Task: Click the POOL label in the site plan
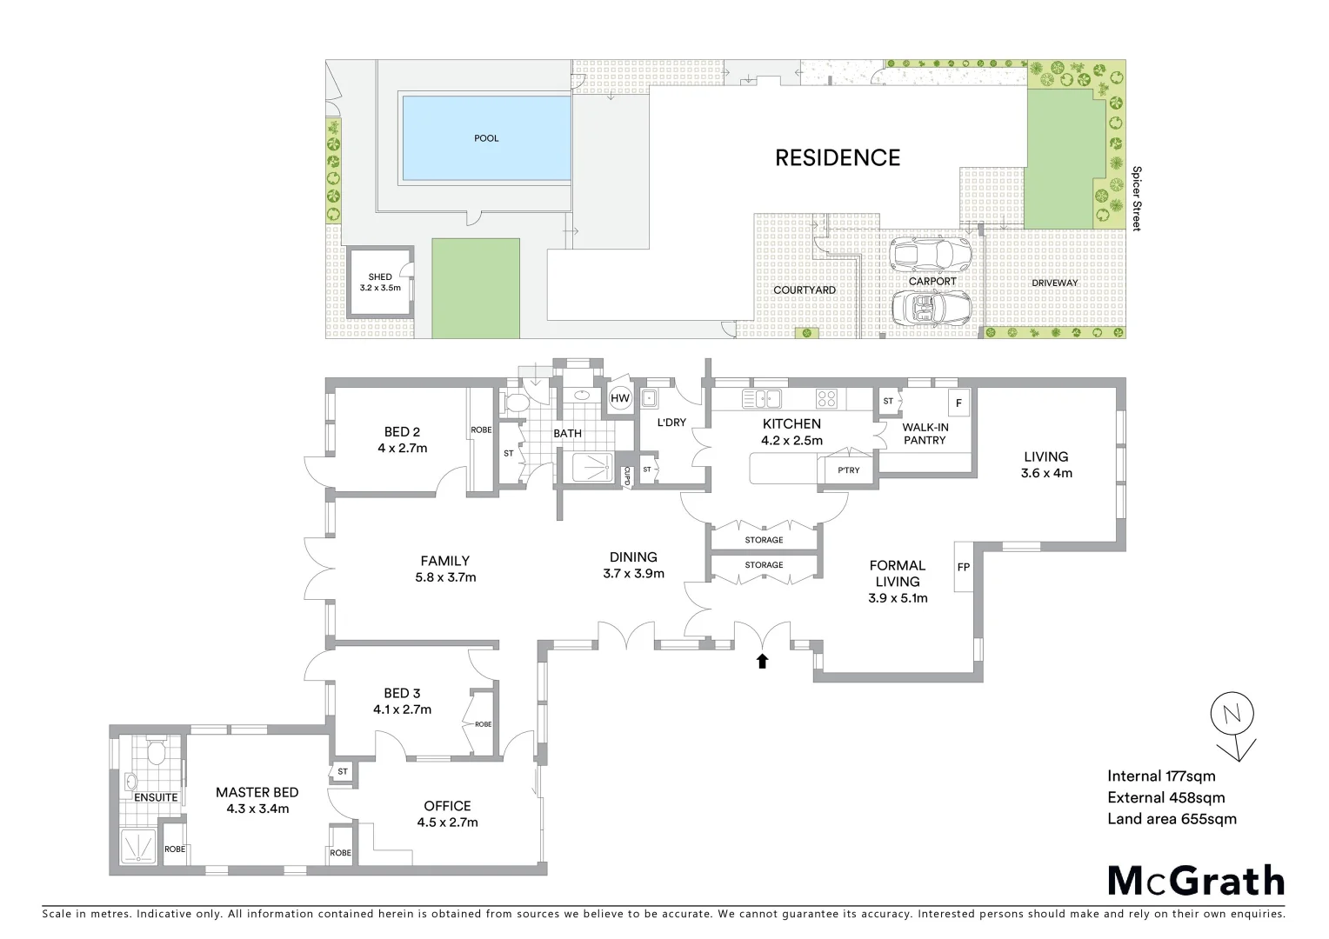[x=486, y=138]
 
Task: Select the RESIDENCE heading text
[x=838, y=157]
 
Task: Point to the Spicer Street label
[x=1136, y=198]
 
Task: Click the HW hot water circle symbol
[x=620, y=399]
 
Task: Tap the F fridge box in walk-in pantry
[x=958, y=403]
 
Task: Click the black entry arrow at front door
[x=763, y=662]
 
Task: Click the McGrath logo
[x=1195, y=881]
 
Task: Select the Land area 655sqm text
[x=1171, y=818]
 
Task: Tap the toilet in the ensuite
[x=157, y=750]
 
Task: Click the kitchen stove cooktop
[x=826, y=399]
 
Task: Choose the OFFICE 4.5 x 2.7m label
[x=447, y=814]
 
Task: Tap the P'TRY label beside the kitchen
[x=848, y=470]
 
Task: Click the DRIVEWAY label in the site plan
[x=1054, y=283]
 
